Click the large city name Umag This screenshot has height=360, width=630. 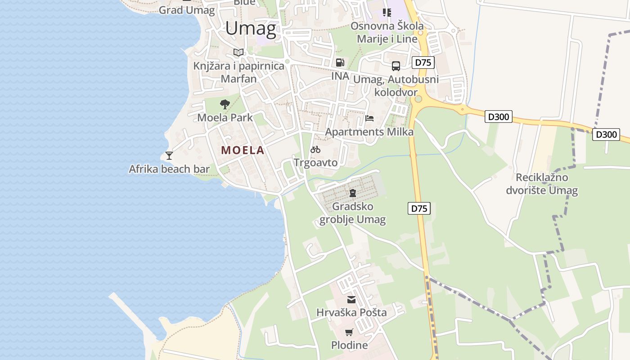251,29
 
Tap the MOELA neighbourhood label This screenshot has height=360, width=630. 243,150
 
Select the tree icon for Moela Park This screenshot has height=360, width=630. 225,105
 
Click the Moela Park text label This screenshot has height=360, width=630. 225,118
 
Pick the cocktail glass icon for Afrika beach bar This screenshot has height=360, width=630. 169,156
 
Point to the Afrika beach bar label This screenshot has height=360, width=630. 169,169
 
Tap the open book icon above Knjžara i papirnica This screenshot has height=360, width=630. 238,53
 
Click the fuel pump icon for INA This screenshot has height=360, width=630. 340,63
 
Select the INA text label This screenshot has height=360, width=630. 340,76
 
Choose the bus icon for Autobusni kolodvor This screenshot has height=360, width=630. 396,66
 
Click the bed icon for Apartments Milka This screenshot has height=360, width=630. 369,118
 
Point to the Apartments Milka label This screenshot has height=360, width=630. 369,132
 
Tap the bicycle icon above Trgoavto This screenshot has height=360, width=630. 315,149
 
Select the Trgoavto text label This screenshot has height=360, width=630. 315,162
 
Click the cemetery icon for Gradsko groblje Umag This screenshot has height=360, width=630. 353,193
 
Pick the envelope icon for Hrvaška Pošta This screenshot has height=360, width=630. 351,299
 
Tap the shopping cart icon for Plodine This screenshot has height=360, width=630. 349,333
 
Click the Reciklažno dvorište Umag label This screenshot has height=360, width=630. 542,184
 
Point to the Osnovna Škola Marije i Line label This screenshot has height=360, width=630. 387,32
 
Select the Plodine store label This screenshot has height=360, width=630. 349,346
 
